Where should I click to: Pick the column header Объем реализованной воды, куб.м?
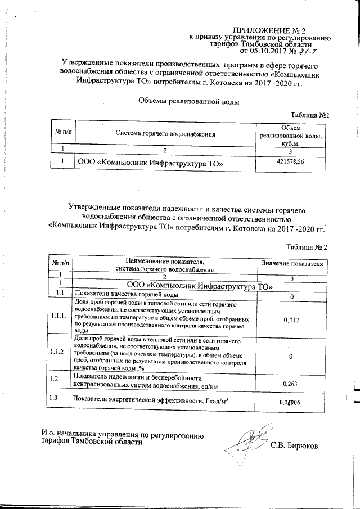point(291,134)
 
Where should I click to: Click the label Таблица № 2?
point(307,247)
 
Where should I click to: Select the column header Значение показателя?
point(292,263)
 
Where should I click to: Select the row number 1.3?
point(56,399)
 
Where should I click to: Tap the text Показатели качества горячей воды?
point(127,294)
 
